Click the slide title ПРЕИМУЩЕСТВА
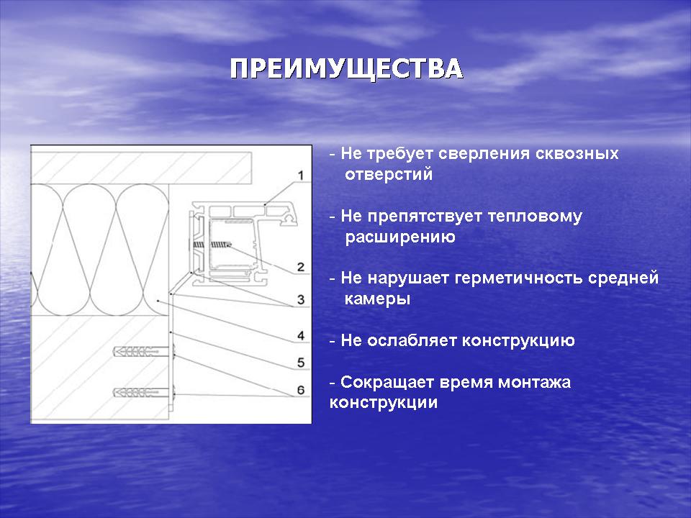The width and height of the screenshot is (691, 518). coord(346,69)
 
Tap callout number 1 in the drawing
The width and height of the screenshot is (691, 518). coord(301,176)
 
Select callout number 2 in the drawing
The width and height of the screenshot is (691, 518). coord(301,267)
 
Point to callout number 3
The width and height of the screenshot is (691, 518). coord(301,299)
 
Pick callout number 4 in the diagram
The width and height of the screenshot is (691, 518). coord(301,336)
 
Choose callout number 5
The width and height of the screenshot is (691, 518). coord(301,363)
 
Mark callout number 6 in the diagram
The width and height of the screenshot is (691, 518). coord(301,390)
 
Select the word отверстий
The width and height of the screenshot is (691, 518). coord(389,174)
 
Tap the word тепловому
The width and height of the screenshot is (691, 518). coord(535,217)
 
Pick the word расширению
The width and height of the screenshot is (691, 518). coord(400,237)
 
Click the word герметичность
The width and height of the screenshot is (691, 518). coord(519,278)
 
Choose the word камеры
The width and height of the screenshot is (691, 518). coord(377,299)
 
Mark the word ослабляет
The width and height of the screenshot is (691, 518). coord(412,340)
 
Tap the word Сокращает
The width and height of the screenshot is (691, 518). coord(381,382)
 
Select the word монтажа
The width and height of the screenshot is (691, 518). coord(535,382)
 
